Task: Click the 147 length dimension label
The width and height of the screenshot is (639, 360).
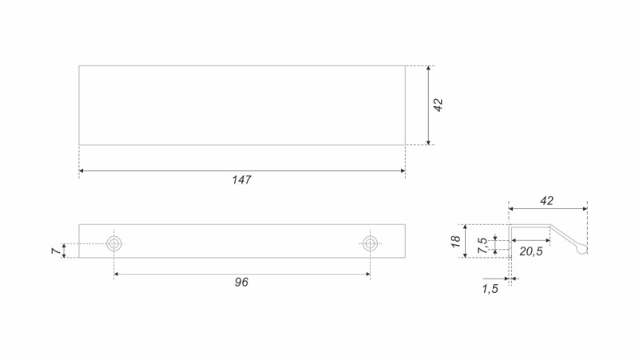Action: (242, 180)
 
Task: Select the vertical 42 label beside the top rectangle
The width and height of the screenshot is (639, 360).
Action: (438, 105)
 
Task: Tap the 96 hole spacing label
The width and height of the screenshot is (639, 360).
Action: (241, 283)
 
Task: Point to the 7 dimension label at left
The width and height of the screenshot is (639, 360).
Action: (56, 251)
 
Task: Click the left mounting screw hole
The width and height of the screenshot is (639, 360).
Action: (114, 244)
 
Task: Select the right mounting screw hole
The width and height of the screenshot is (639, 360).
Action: (370, 244)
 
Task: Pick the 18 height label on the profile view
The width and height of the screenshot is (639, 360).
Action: (456, 241)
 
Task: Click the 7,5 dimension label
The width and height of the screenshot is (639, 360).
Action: (482, 245)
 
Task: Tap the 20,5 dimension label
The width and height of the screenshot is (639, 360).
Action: (531, 251)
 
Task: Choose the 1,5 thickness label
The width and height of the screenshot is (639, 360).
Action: (490, 289)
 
